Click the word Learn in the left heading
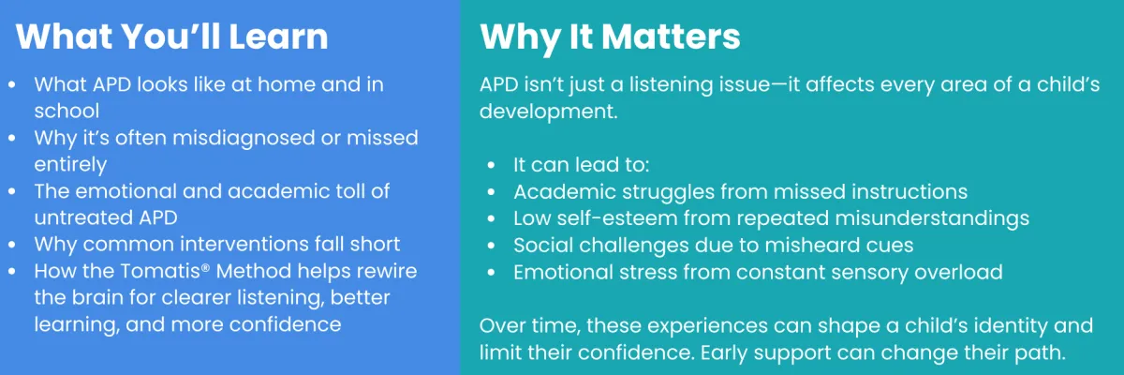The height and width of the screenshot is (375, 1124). pos(278,37)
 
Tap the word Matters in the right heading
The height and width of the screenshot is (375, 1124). pos(671,37)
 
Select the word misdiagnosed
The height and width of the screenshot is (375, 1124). pos(244,139)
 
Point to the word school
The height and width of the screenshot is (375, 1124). pos(67,111)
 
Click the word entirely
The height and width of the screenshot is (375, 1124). pos(70,165)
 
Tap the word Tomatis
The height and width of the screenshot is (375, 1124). pos(159,271)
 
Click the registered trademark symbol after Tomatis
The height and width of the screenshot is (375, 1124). pos(205,266)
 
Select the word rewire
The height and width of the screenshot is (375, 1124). pos(385,271)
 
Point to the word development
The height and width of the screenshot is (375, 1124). pos(548,112)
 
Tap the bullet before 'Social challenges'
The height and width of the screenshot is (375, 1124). pos(491,246)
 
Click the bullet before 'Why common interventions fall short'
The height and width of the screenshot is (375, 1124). pos(12,245)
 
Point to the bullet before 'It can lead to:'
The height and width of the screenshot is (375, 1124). pos(491,165)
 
